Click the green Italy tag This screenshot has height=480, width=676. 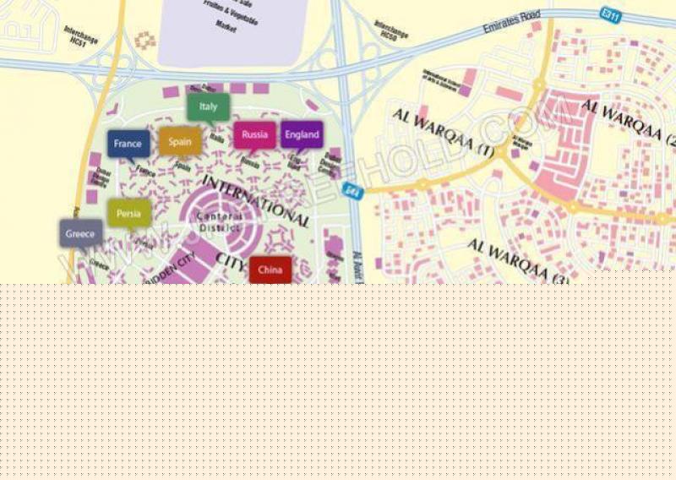(x=208, y=106)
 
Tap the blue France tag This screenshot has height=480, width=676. (x=128, y=144)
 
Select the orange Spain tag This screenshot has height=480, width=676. (x=180, y=142)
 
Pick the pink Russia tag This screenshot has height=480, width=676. (x=254, y=134)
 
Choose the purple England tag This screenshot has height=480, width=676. (x=302, y=134)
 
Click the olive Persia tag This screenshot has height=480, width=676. (x=129, y=214)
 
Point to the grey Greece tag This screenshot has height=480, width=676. (x=80, y=233)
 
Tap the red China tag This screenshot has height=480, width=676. (x=270, y=270)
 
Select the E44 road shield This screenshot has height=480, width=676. (x=352, y=191)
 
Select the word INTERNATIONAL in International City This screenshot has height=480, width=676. (x=256, y=199)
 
